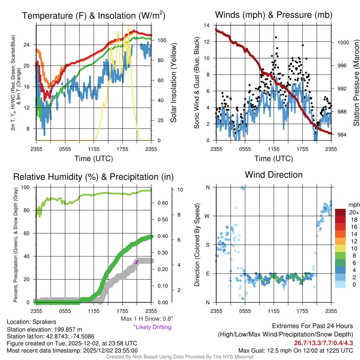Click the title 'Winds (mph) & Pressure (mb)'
click(x=274, y=15)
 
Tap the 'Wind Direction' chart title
click(x=274, y=175)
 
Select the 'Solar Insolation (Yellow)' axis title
click(x=173, y=83)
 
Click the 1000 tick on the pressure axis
click(x=343, y=43)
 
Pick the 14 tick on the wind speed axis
click(x=207, y=25)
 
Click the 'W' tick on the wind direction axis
click(x=207, y=216)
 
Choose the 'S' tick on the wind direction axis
click(x=208, y=245)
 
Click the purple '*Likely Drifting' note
click(x=152, y=327)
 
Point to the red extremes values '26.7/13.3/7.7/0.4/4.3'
click(x=323, y=342)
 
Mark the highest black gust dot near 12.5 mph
click(x=276, y=37)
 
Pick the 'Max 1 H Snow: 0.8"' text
click(x=147, y=319)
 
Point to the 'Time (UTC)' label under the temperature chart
click(x=94, y=159)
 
